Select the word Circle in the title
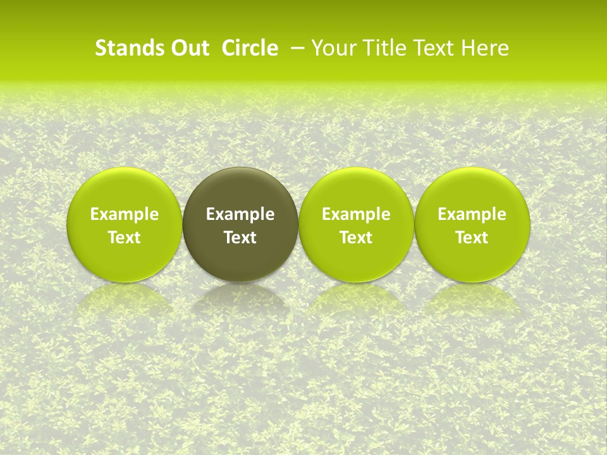[x=250, y=48]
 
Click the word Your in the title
[x=333, y=48]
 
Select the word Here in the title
[x=486, y=48]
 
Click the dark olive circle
[x=240, y=190]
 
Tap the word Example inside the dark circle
[x=240, y=214]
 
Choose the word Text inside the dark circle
[x=240, y=238]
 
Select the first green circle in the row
[x=125, y=190]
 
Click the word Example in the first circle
[x=125, y=214]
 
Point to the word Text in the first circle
[x=125, y=238]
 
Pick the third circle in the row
[x=356, y=190]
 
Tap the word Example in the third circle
[x=356, y=214]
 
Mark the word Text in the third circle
[x=356, y=238]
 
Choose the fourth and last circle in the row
[x=472, y=190]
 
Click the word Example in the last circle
[x=472, y=214]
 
